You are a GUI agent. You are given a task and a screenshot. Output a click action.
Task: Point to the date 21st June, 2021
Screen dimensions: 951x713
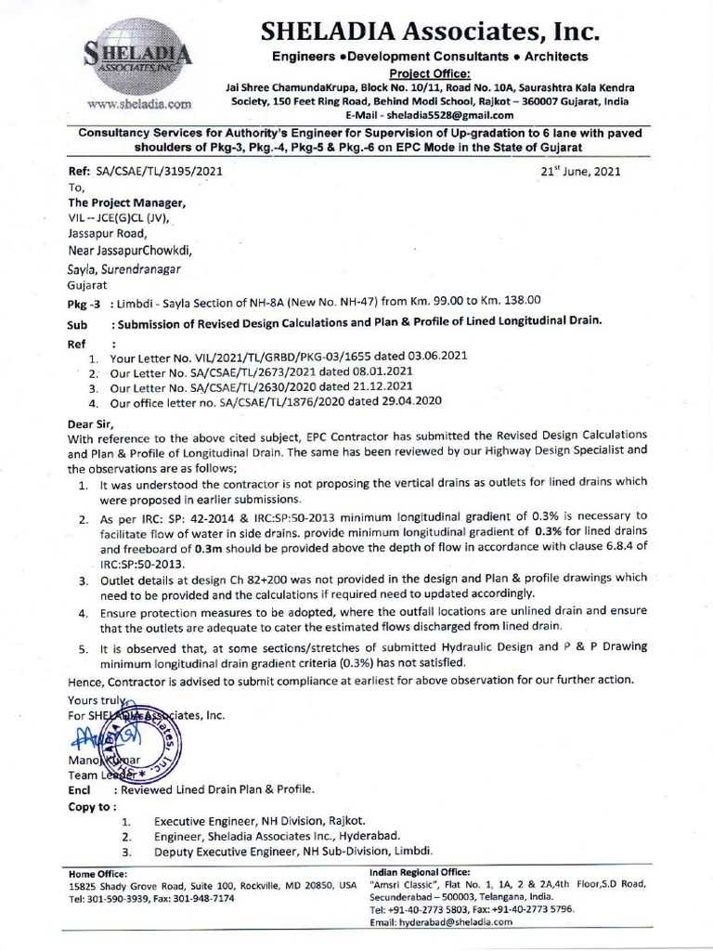pos(581,171)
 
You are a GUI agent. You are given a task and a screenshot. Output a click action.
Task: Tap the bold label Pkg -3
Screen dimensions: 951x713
pos(85,303)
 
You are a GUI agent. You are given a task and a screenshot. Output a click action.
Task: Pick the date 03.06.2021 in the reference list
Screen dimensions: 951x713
pos(433,356)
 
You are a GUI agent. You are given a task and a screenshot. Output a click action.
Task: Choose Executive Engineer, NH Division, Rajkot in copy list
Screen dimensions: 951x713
pos(259,821)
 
